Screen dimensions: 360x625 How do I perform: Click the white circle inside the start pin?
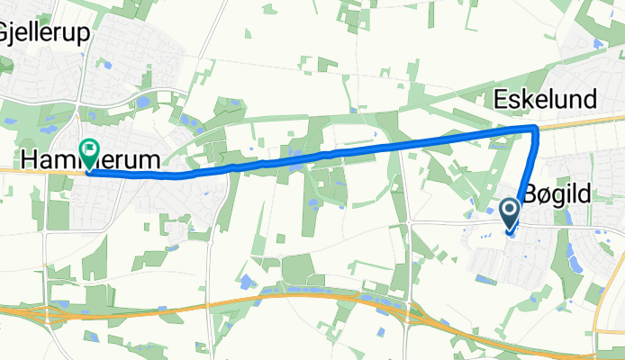[x=509, y=211]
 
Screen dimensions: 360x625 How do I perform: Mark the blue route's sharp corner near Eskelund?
[x=536, y=129]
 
